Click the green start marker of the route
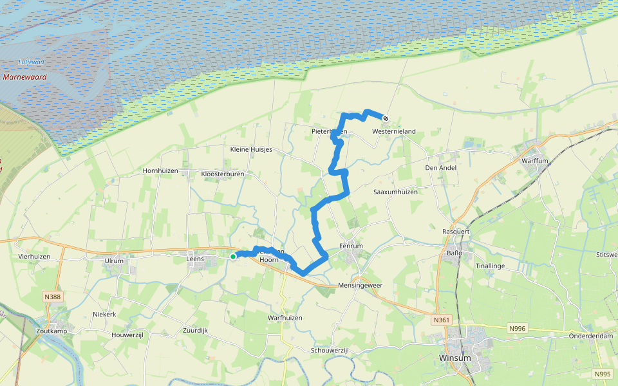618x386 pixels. [x=233, y=256]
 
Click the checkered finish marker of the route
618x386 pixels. [x=385, y=118]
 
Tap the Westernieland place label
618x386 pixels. [x=394, y=131]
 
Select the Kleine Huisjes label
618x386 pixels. [x=251, y=149]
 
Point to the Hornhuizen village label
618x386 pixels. [x=160, y=172]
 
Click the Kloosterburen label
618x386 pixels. [x=221, y=174]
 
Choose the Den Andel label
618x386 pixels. [x=440, y=168]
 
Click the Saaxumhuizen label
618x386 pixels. [x=396, y=192]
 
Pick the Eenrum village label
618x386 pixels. [x=351, y=246]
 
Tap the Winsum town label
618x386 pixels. [x=456, y=358]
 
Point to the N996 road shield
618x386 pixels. [x=517, y=328]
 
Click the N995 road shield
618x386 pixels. [x=603, y=373]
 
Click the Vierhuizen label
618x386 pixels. [x=35, y=255]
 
